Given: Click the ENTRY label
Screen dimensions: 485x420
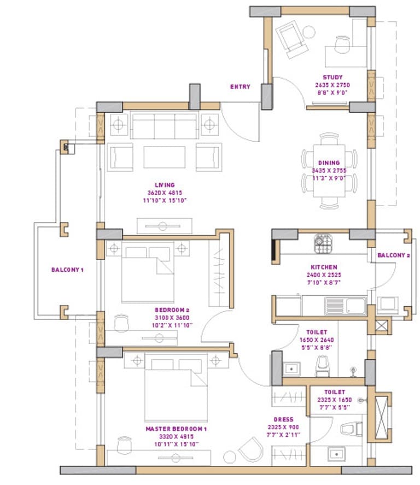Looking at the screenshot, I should pyautogui.click(x=240, y=86).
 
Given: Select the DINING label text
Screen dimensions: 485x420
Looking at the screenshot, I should pyautogui.click(x=329, y=162).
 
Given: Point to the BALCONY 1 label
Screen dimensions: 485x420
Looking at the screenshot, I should pyautogui.click(x=68, y=270).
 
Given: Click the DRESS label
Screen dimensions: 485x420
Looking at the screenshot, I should pyautogui.click(x=288, y=419).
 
